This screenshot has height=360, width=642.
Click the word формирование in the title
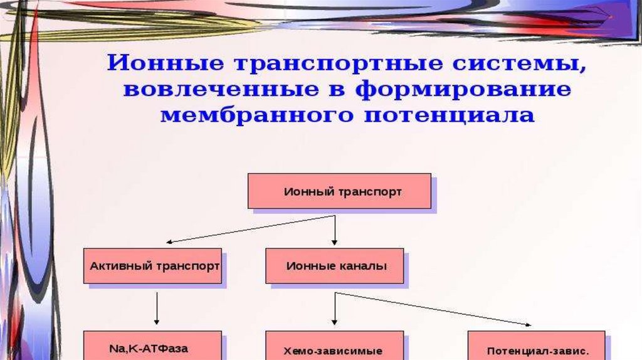463,90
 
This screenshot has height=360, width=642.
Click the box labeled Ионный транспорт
339,191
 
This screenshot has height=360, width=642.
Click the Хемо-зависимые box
334,349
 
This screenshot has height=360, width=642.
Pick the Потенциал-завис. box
536,349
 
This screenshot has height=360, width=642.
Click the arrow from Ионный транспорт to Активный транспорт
251,229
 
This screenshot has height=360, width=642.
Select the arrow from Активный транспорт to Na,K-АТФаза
156,309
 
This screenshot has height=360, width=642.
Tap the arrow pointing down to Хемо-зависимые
335,310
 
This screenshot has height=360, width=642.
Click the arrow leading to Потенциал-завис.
433,309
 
